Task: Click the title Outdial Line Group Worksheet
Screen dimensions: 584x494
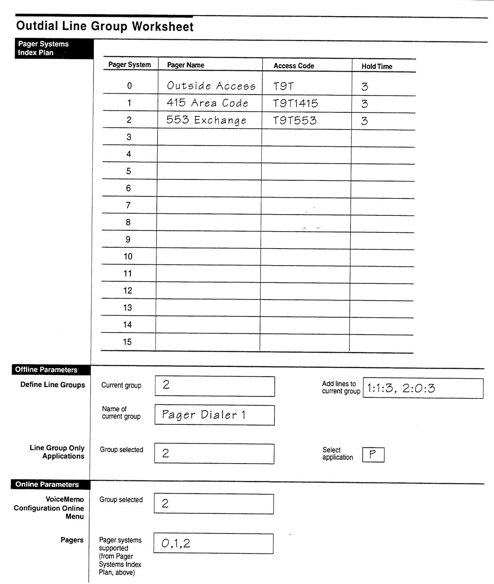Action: (x=105, y=26)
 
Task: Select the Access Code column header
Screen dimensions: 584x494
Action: (x=294, y=66)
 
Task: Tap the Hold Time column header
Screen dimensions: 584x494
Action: (x=376, y=66)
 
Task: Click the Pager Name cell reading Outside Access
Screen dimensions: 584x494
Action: (x=211, y=86)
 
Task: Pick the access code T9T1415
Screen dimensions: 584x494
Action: (x=295, y=103)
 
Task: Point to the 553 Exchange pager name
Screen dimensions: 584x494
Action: (x=206, y=120)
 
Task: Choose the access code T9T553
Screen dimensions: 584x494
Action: (x=294, y=120)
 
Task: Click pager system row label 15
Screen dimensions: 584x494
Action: (x=127, y=342)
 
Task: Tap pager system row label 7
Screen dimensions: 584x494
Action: (x=128, y=205)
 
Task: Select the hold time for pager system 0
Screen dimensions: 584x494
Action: (x=365, y=86)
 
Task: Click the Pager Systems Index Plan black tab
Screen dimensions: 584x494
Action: (x=54, y=48)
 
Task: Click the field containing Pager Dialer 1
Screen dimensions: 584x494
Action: (x=214, y=415)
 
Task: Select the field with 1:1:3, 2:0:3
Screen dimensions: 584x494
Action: (x=423, y=388)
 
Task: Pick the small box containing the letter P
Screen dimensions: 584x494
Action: (x=373, y=455)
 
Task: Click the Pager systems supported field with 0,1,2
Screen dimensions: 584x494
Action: (x=213, y=544)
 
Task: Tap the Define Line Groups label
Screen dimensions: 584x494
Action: (x=53, y=385)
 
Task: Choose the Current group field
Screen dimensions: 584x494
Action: (x=214, y=386)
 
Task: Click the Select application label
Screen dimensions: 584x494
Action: (x=337, y=453)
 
